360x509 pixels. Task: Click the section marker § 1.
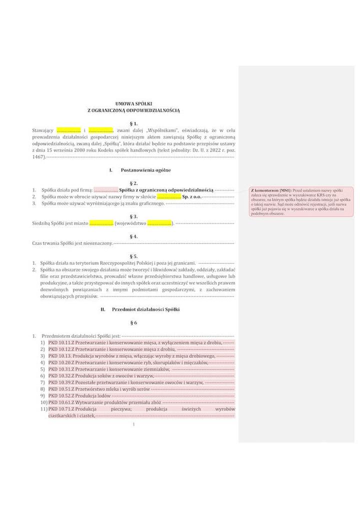tap(133, 122)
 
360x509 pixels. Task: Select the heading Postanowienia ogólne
tap(145, 170)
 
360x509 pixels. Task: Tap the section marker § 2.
tap(133, 183)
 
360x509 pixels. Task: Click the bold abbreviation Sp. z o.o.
tap(192, 197)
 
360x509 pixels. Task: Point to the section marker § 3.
tap(133, 216)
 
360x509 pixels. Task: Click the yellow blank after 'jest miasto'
tap(101, 223)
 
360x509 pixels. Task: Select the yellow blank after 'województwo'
tap(159, 223)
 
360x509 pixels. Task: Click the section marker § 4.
tap(133, 236)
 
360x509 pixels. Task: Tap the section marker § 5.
tap(133, 255)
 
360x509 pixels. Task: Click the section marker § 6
tap(133, 322)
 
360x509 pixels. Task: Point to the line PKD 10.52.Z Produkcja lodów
tap(80, 395)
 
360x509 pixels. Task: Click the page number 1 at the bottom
tap(134, 425)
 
